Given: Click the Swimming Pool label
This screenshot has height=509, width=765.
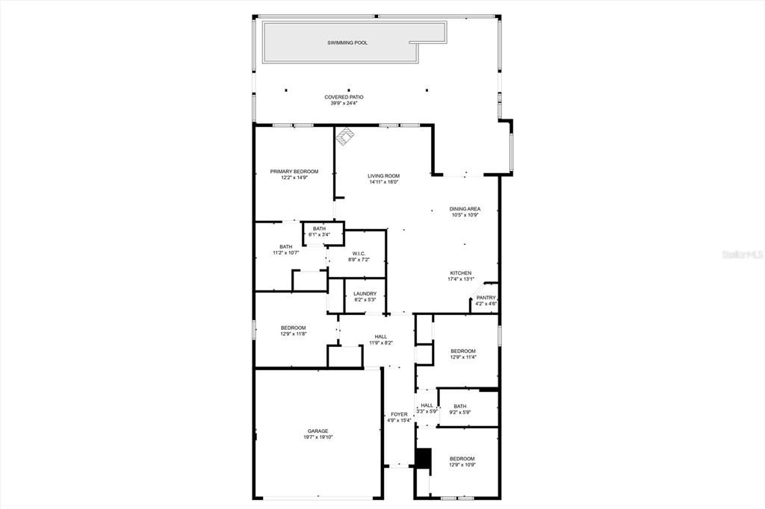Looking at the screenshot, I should click(x=347, y=43).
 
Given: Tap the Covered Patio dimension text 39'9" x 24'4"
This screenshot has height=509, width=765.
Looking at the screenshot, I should click(x=344, y=103).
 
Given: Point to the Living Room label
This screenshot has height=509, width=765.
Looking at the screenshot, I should click(x=383, y=176).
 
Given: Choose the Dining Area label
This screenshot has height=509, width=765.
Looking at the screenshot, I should click(x=465, y=209).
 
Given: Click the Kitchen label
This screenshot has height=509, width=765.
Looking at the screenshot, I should click(x=460, y=273).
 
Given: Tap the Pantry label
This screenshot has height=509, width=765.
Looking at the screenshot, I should click(x=486, y=298).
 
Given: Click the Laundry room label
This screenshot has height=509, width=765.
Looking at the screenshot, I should click(x=365, y=294).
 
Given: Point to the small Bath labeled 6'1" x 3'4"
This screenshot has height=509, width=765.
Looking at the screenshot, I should click(x=319, y=229).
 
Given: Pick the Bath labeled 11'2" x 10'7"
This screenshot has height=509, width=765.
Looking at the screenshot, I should click(x=285, y=247).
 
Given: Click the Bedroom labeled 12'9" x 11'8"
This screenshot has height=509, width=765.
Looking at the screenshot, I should click(x=293, y=328).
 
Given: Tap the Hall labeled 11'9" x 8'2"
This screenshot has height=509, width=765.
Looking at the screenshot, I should click(x=381, y=337).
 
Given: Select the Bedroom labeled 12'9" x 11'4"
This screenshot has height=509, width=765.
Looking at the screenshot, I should click(x=463, y=351).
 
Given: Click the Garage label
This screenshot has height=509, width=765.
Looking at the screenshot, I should click(x=318, y=431).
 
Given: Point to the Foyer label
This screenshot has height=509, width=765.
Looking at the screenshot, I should click(x=399, y=414).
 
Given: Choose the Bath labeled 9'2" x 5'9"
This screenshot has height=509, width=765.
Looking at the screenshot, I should click(x=460, y=407).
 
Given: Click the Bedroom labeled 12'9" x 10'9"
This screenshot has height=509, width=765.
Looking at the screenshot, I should click(x=462, y=459).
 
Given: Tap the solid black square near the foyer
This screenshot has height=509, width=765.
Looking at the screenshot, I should click(x=424, y=458).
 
